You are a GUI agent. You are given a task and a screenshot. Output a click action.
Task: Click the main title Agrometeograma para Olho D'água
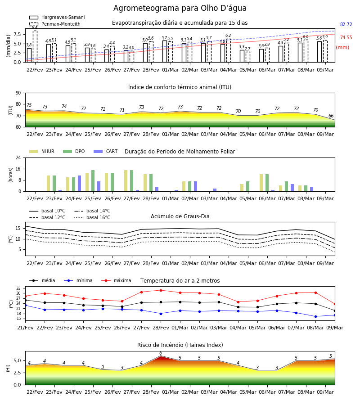180,8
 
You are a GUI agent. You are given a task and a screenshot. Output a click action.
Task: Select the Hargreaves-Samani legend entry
57,17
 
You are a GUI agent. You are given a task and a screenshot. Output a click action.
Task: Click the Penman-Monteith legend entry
55,24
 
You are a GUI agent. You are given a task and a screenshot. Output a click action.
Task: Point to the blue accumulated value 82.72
346,25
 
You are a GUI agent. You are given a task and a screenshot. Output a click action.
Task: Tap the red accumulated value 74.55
346,37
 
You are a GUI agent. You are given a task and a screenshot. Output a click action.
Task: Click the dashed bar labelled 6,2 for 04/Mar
229,50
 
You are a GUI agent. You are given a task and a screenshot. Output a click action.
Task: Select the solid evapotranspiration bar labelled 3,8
29,55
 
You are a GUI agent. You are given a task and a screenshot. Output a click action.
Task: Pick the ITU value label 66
331,116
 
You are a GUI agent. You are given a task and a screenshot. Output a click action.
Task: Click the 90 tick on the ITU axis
18,93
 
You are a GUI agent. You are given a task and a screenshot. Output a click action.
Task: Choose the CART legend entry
106,151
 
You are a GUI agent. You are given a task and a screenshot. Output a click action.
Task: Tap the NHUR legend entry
42,151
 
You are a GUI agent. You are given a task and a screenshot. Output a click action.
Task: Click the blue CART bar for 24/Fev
79,184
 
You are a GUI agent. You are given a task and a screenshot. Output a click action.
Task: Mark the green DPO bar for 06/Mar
267,183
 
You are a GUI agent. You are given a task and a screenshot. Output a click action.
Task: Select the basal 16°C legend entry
92,217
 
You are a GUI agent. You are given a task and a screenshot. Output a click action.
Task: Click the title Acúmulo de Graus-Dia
180,216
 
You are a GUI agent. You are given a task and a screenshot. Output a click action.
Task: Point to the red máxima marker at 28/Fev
161,290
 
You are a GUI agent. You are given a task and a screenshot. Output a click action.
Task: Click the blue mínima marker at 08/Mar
315,316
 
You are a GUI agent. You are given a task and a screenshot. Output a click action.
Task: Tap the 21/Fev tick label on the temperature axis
25,328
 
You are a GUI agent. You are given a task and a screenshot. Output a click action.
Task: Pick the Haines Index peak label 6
161,353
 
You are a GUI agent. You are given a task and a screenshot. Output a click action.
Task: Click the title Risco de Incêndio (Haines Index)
180,345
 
